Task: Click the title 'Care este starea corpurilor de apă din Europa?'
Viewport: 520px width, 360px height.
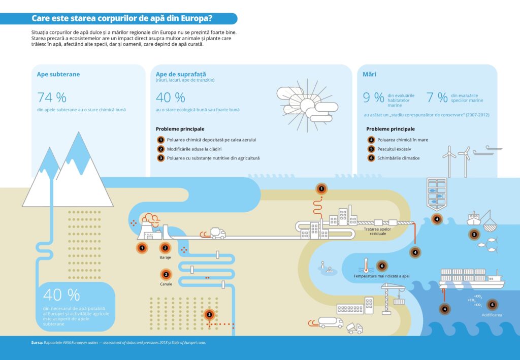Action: point(122,19)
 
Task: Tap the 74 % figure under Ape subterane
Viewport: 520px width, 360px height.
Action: point(52,97)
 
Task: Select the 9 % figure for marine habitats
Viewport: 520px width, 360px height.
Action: point(373,97)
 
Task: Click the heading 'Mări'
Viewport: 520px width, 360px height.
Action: point(369,74)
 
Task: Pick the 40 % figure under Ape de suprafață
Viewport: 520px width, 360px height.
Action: point(170,97)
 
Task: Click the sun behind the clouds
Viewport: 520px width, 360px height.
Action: point(307,105)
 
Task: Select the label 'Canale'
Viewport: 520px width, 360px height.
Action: point(166,284)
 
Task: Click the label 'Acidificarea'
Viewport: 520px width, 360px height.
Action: point(492,315)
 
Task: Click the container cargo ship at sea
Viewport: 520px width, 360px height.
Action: point(471,279)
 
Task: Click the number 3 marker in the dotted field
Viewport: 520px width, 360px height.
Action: point(209,315)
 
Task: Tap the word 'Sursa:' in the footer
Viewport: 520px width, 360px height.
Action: point(37,343)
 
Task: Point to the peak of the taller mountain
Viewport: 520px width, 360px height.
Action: point(79,134)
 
